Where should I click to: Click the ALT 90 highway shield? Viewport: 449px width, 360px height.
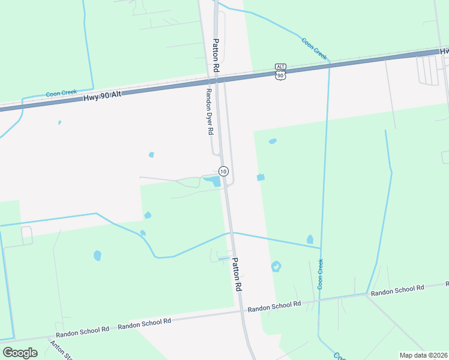(280, 71)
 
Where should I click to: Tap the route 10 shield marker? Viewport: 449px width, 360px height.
(223, 171)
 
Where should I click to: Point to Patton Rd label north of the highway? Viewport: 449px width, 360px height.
(217, 56)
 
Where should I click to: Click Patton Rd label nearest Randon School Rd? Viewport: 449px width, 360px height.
(237, 275)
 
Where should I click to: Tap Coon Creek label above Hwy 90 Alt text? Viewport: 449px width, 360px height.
(62, 94)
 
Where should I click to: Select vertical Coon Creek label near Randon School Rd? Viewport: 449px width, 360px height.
(321, 274)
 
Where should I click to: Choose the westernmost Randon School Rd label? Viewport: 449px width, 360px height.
(82, 329)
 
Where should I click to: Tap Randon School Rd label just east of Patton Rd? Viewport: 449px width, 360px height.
(274, 305)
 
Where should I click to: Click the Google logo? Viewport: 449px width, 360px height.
(20, 352)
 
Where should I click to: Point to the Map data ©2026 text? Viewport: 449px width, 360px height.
(424, 355)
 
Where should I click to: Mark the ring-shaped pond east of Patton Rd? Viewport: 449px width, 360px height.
(276, 266)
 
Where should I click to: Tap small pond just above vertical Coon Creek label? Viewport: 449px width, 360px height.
(310, 240)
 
